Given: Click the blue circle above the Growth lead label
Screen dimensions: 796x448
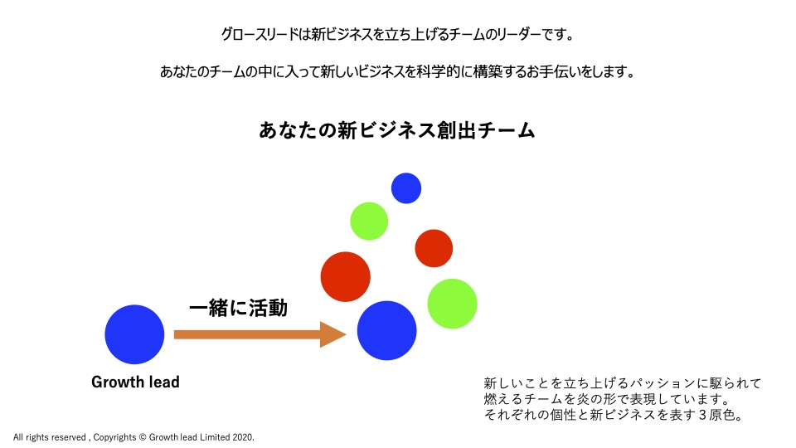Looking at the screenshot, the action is (x=134, y=334).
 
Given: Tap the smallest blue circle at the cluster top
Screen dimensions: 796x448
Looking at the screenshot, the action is (x=406, y=188).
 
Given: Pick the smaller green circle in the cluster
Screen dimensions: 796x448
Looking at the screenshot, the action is (x=369, y=221).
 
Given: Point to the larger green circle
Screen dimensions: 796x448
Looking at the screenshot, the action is (x=453, y=304).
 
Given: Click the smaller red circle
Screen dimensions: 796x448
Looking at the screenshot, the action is (x=434, y=248).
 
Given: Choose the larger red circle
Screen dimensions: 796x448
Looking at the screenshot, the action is (x=345, y=277).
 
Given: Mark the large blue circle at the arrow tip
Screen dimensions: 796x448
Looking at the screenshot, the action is (x=387, y=331).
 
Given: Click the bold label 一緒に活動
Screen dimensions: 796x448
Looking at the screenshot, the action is (x=238, y=308).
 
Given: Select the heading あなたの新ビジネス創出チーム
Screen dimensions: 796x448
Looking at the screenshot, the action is (x=397, y=130).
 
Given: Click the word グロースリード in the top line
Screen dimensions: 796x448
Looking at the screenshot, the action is (x=260, y=35).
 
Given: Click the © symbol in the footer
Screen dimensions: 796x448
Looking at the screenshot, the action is (x=142, y=437).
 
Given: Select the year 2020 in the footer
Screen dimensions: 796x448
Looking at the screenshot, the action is (x=243, y=437).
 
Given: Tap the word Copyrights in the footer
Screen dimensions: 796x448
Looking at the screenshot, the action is (x=114, y=437).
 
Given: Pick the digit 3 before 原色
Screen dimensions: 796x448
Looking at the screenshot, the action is (x=702, y=415).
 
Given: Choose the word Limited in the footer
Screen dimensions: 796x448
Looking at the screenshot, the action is (x=215, y=437).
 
